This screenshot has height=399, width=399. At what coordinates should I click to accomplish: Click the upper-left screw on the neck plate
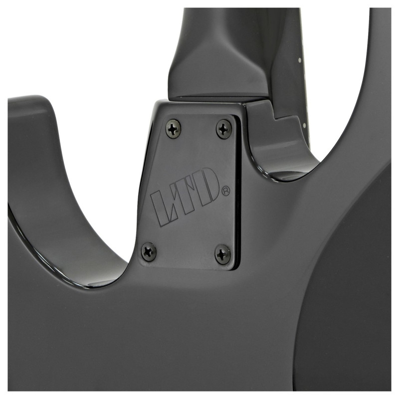click(x=174, y=127)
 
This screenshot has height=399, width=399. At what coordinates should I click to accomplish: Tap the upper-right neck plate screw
click(x=224, y=128)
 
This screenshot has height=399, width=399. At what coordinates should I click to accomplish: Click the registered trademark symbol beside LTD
click(x=226, y=191)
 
